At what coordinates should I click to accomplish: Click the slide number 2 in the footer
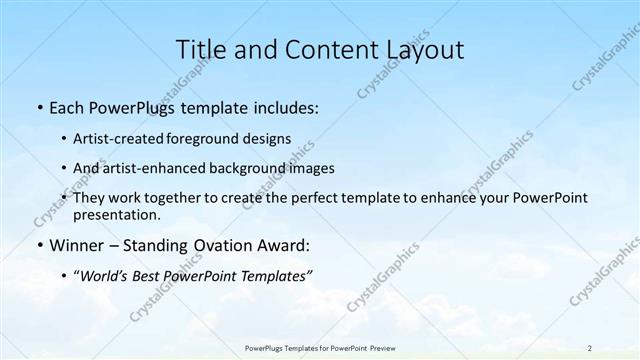(590, 346)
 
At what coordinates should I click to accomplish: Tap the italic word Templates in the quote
(268, 275)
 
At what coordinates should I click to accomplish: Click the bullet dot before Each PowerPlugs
(39, 108)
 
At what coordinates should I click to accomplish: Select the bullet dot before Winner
(39, 245)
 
